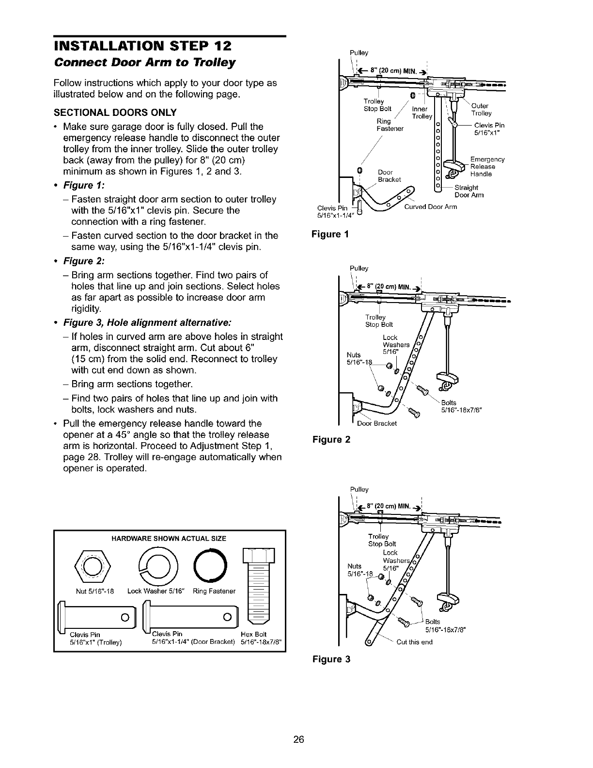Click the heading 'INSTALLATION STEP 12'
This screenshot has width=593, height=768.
143,47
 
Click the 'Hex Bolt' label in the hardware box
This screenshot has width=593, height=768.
253,635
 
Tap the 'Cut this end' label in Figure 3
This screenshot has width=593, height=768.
414,642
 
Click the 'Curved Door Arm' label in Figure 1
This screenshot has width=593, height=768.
431,207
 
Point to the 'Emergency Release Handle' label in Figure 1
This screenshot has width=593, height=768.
487,166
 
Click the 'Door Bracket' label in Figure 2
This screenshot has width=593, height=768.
377,423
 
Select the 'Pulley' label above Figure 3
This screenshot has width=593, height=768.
359,489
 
